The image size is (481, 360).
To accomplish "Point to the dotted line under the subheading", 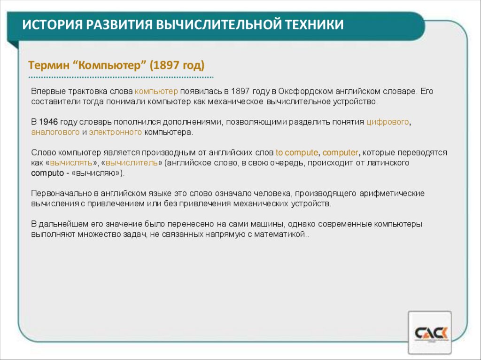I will point(121,77).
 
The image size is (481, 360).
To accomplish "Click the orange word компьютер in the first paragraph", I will point(156,91).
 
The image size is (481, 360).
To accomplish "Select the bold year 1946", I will point(49,122).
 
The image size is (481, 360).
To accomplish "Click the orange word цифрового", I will point(388,122).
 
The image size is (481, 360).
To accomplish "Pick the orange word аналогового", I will point(55,132).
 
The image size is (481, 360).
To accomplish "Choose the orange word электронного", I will point(116,132).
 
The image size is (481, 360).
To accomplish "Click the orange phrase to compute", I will point(297,153).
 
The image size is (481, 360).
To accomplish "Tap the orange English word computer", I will point(340,153).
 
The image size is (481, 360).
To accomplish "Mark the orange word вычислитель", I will point(132,163).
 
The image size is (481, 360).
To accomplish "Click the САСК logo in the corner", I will point(430,333).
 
